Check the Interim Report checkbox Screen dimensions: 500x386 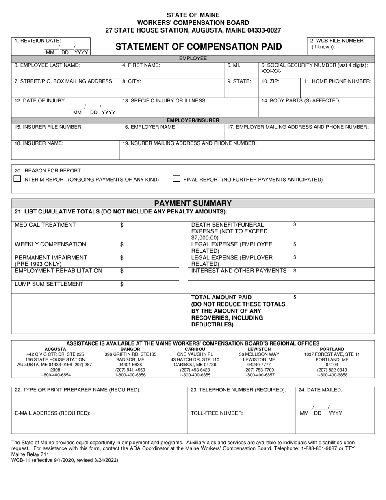click(17, 178)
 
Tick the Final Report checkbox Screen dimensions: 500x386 click(177, 178)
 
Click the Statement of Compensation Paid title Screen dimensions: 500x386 click(199, 47)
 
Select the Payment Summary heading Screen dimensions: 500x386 click(193, 203)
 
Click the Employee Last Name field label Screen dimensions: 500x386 click(47, 65)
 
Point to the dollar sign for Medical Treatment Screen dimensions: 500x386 click(122, 225)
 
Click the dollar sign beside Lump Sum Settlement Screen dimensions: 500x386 click(122, 284)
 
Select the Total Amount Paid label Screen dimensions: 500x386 click(221, 297)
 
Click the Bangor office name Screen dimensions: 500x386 click(130, 349)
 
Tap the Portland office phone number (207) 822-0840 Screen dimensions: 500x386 click(332, 370)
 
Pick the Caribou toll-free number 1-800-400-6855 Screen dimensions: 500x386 click(195, 375)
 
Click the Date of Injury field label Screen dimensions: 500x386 click(40, 101)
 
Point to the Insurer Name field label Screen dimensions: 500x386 click(39, 143)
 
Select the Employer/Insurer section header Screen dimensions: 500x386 click(193, 120)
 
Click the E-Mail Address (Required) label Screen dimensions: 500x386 click(52, 413)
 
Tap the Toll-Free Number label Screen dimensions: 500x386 click(217, 413)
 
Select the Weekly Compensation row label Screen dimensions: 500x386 click(50, 244)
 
